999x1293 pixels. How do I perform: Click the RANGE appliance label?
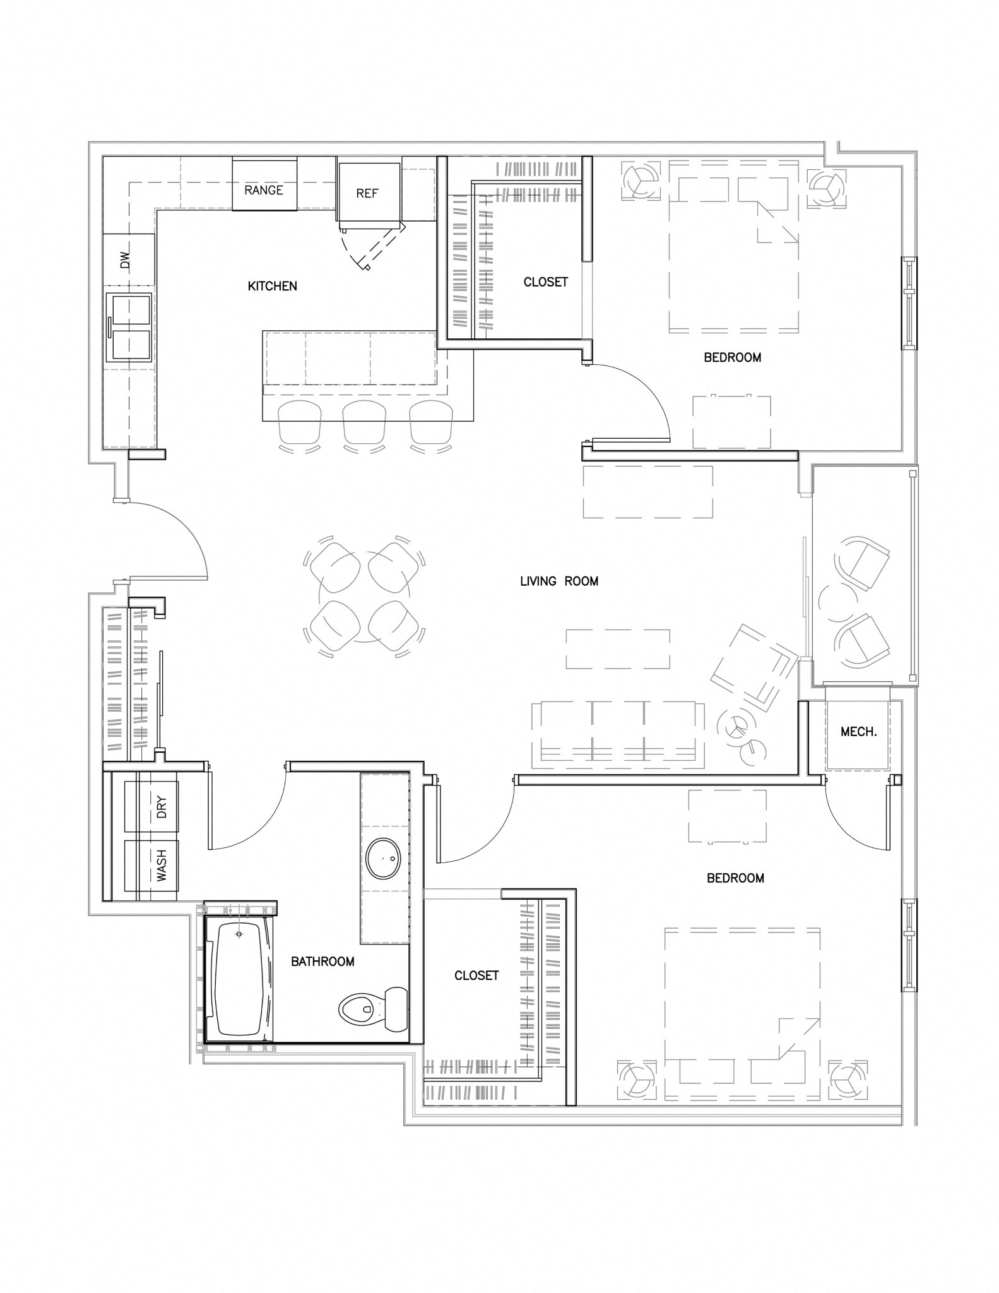tap(264, 190)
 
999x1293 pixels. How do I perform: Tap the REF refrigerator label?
tap(367, 193)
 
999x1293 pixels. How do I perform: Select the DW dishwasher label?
tap(125, 260)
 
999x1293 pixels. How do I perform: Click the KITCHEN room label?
tap(272, 286)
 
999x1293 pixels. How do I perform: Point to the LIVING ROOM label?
tap(559, 581)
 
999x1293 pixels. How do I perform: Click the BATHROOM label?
tap(322, 962)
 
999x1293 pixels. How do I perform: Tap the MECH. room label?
tap(858, 732)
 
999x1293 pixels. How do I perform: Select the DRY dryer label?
tap(162, 807)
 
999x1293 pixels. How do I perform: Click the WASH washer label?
tap(162, 866)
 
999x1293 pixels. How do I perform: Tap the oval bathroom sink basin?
tap(384, 859)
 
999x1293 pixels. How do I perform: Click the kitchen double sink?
tap(129, 328)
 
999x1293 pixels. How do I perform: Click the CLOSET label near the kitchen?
tap(546, 282)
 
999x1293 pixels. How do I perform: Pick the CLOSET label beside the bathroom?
tap(476, 975)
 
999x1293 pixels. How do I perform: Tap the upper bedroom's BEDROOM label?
tap(733, 357)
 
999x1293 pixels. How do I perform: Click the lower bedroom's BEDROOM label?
tap(735, 878)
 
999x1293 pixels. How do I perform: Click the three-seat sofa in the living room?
tap(618, 734)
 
